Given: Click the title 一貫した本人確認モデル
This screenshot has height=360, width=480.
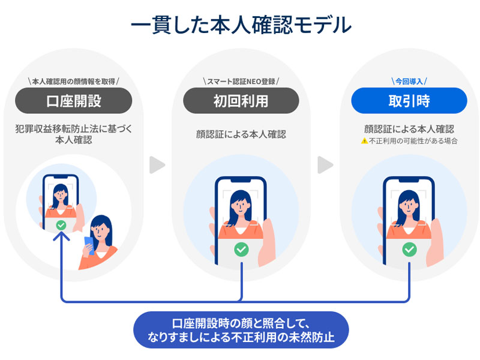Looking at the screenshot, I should [x=240, y=25].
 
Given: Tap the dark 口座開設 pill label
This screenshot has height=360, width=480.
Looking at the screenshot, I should [x=73, y=101].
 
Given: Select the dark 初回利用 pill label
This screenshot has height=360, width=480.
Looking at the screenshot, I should [x=241, y=101].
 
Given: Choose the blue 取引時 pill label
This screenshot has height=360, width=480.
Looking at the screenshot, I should [x=409, y=101].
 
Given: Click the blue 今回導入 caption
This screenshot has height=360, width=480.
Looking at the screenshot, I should [x=409, y=80].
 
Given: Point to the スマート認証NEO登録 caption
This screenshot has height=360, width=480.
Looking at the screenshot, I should [x=241, y=80].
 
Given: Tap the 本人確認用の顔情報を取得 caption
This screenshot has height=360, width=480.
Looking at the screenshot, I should [x=73, y=80].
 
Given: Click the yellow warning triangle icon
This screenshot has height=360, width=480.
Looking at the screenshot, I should [x=364, y=142].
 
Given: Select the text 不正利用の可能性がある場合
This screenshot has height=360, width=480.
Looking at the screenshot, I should [x=413, y=142].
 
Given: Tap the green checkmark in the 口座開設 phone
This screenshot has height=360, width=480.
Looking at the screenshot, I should [x=60, y=225].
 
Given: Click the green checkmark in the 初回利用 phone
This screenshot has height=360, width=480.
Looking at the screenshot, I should [x=241, y=248].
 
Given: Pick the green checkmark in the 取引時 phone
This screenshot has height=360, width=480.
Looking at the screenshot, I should [x=409, y=248].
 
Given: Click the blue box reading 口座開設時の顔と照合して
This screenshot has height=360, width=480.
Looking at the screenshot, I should [x=241, y=329].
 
